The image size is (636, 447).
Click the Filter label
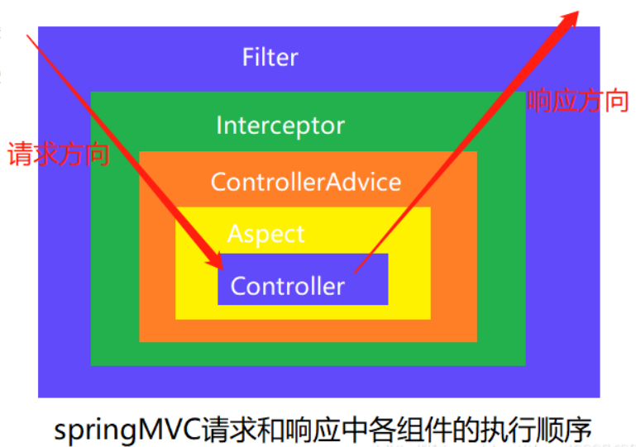270,58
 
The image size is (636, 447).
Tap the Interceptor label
280,126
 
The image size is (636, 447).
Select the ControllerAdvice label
305,182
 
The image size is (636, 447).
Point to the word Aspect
265,234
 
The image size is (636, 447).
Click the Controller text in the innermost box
287,286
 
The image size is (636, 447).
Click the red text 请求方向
59,155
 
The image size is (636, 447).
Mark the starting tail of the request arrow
30,35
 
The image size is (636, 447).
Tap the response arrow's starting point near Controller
356,271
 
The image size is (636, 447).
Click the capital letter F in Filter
247,59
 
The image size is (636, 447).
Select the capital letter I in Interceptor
219,126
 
